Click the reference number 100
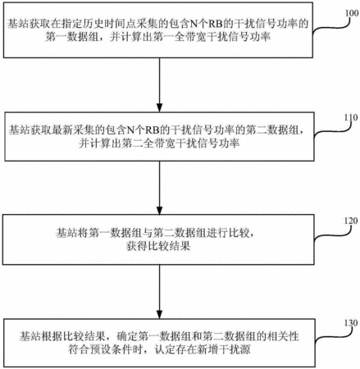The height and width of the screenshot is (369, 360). point(352,13)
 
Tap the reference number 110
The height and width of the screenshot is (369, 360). point(351,117)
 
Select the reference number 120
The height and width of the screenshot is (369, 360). point(351,221)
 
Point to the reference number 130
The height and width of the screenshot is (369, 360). point(351,323)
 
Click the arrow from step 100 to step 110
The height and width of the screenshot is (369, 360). point(159,84)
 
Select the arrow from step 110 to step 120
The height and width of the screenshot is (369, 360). point(159,188)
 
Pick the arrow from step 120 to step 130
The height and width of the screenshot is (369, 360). point(159,292)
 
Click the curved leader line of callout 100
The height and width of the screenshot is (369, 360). point(330,27)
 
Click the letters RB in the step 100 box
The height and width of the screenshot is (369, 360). point(216,24)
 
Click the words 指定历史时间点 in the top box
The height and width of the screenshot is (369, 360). point(98,24)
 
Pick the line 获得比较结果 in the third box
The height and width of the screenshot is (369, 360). point(158,246)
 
